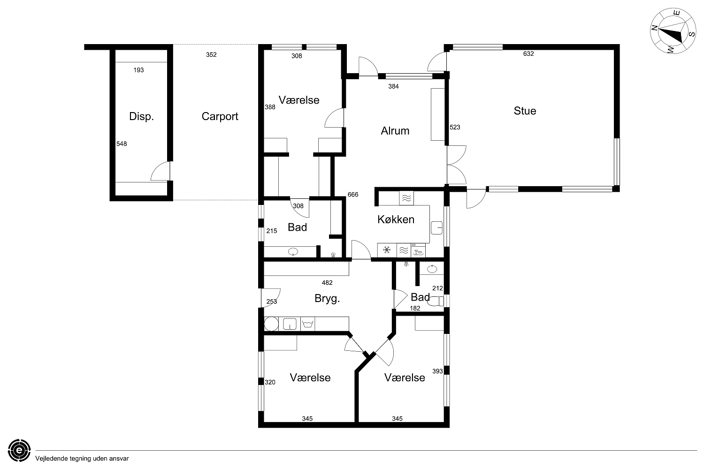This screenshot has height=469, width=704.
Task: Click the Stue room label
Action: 525,111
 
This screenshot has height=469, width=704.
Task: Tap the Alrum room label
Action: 395,131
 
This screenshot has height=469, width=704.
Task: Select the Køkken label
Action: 396,219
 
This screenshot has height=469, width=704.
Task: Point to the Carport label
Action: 220,116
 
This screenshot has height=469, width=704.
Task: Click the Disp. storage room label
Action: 141,116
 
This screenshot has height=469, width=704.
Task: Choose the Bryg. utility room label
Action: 327,298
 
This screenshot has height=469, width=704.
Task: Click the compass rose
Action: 673,31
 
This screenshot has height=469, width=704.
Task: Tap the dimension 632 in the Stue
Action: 528,54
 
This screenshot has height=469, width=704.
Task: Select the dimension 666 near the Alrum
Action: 352,195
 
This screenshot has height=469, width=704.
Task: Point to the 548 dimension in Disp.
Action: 122,144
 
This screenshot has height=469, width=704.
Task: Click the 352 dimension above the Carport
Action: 211,55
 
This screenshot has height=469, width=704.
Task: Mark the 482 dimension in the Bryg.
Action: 327,283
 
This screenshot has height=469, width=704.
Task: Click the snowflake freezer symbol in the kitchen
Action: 387,250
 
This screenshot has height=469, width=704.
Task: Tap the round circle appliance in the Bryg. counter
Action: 271,324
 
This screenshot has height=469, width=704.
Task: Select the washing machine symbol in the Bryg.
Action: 308,324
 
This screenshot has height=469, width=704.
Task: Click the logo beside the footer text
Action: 19,450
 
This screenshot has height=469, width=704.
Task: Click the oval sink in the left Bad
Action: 293,252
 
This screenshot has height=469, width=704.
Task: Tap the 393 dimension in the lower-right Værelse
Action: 437,371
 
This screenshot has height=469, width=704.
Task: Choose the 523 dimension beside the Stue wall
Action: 455,127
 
